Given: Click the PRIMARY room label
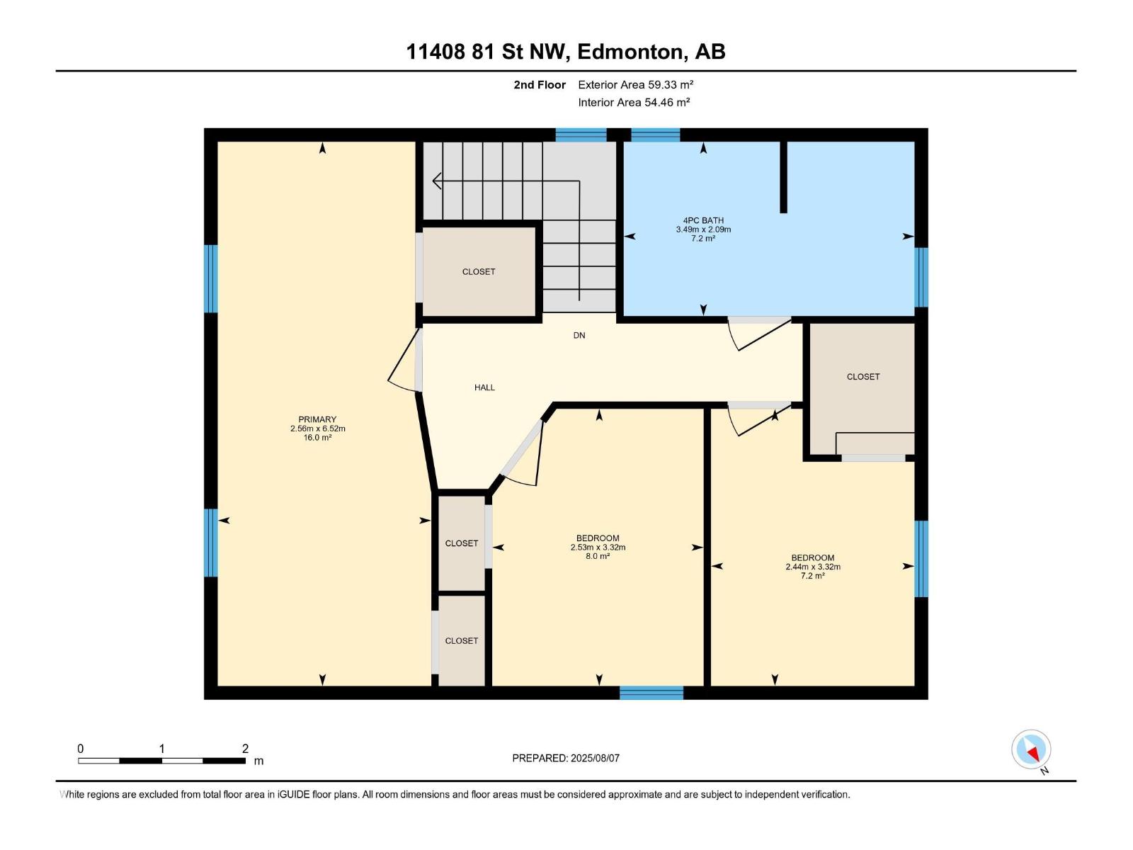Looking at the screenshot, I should point(317,419).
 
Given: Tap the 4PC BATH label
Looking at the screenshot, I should point(702,220).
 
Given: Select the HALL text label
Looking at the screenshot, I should point(484,387).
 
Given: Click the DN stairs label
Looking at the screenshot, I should point(579,336).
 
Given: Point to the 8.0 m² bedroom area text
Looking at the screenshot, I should point(598,557).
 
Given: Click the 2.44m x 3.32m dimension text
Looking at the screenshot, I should point(813,567).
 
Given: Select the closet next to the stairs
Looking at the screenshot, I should point(479,272).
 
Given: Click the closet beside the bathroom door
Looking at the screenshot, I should point(862,377).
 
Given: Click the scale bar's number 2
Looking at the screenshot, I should point(245,749).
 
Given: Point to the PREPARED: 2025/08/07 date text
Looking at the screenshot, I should point(566,758).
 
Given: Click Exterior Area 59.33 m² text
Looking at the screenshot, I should point(635,84).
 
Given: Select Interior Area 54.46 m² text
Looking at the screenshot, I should point(634,102).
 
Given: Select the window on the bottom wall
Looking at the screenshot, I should point(651,693).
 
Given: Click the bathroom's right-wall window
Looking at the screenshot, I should point(921,277).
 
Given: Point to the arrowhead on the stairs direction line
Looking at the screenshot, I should point(436,181).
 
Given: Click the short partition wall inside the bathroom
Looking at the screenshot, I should point(783,177).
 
